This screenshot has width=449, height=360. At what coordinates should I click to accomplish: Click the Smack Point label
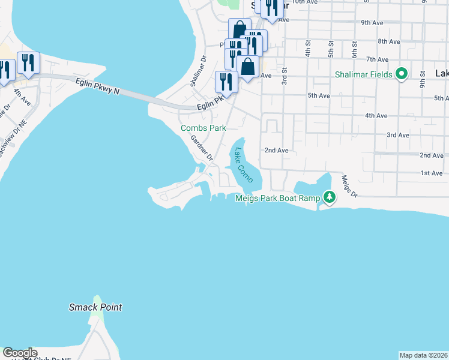(x=95, y=307)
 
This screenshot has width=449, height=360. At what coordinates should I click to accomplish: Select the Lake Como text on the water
(x=243, y=166)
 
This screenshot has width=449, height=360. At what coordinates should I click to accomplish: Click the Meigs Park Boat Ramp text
(x=278, y=198)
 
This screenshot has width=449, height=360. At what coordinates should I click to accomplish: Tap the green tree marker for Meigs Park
(x=329, y=197)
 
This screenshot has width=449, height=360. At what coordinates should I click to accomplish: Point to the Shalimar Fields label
(x=364, y=75)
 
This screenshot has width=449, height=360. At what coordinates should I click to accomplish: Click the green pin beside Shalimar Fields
(x=402, y=75)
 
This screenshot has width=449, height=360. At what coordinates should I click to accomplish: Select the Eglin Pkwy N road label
(x=97, y=86)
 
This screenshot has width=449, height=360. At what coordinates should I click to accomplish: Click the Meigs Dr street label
(x=349, y=185)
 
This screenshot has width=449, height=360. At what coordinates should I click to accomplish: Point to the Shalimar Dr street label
(x=198, y=71)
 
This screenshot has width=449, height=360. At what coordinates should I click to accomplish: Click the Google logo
(x=20, y=353)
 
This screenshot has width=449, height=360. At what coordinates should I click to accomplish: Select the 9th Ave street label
(x=372, y=23)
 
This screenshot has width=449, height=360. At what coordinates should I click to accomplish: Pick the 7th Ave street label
(x=378, y=59)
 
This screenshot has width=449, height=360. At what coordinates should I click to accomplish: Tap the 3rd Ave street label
(x=397, y=135)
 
